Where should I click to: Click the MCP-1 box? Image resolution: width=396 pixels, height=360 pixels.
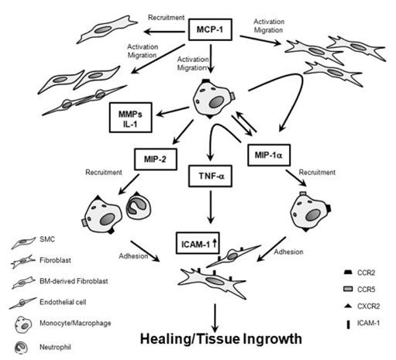(x=210, y=29)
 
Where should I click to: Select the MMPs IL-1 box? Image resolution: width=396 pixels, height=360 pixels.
(x=130, y=118)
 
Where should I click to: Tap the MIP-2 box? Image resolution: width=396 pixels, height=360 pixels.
(x=156, y=159)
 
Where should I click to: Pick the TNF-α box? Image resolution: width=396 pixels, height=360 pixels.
(x=210, y=176)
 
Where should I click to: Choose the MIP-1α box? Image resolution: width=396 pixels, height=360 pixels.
(x=269, y=155)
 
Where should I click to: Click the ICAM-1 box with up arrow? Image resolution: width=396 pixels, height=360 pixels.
(x=198, y=243)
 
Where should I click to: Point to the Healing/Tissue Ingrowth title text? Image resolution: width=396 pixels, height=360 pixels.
(x=221, y=339)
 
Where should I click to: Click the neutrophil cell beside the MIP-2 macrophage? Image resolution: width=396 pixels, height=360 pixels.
(x=138, y=206)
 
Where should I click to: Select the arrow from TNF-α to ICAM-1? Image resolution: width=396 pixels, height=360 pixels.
(x=211, y=207)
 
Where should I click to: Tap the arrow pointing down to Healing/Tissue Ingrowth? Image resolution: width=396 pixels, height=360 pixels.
(x=215, y=318)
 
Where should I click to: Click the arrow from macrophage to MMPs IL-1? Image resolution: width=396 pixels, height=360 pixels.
(x=173, y=111)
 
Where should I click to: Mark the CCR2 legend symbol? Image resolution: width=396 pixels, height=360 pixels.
(x=348, y=273)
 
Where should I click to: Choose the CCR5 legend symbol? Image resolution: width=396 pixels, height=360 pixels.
(x=348, y=289)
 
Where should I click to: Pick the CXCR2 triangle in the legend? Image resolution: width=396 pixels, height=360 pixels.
(x=348, y=306)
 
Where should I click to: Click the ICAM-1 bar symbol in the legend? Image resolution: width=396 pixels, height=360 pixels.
(x=348, y=324)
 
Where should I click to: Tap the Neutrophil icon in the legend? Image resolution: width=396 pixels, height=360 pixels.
(x=21, y=348)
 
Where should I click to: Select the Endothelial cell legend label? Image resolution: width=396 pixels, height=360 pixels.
(x=63, y=302)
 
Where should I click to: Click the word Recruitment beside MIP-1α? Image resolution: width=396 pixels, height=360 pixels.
(x=317, y=172)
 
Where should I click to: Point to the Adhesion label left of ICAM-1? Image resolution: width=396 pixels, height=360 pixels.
(x=133, y=256)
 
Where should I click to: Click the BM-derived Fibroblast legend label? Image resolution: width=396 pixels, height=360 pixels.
(x=74, y=281)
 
